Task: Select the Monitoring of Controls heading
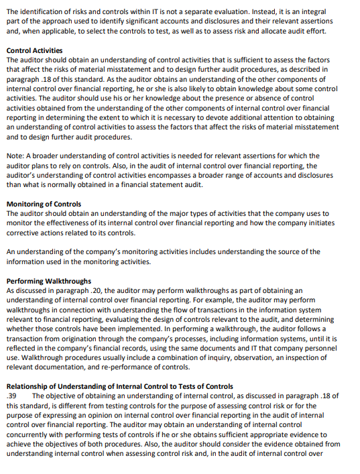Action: [x=44, y=204]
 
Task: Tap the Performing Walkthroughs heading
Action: [x=48, y=281]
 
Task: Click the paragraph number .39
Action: [x=11, y=396]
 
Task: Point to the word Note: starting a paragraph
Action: [x=16, y=156]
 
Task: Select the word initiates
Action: [x=336, y=223]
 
